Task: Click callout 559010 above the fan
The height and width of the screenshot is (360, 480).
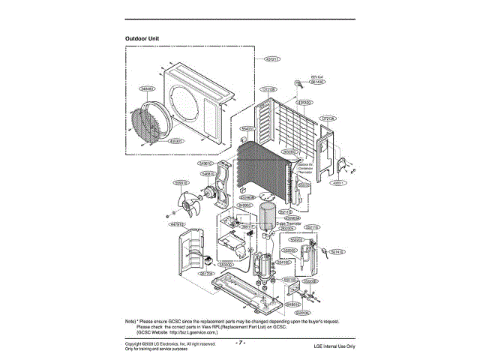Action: [x=181, y=181]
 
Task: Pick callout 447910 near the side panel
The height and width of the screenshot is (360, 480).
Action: [x=178, y=224]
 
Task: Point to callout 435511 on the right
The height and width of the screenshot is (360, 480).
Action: [x=340, y=181]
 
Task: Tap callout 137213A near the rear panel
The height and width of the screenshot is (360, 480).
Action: [x=327, y=118]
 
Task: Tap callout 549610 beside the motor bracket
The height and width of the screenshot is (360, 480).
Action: [x=206, y=163]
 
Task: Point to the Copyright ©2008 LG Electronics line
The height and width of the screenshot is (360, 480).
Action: [x=169, y=343]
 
